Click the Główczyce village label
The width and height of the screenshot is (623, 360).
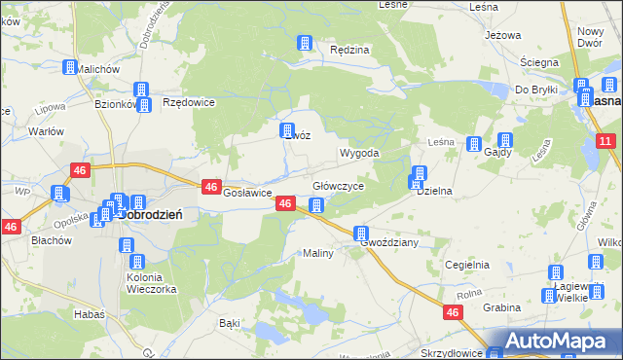pos(338,186)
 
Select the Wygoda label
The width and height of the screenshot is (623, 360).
pos(358,154)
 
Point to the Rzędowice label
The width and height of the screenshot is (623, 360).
pos(188,101)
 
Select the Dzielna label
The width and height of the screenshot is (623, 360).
pos(434,192)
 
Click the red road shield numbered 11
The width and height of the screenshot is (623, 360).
pos(605,142)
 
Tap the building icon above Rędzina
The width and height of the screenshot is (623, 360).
pos(305,43)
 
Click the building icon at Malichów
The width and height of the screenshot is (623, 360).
pos(70,68)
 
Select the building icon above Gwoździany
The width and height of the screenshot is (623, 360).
pos(361,234)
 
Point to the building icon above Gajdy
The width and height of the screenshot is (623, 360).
pos(505,140)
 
